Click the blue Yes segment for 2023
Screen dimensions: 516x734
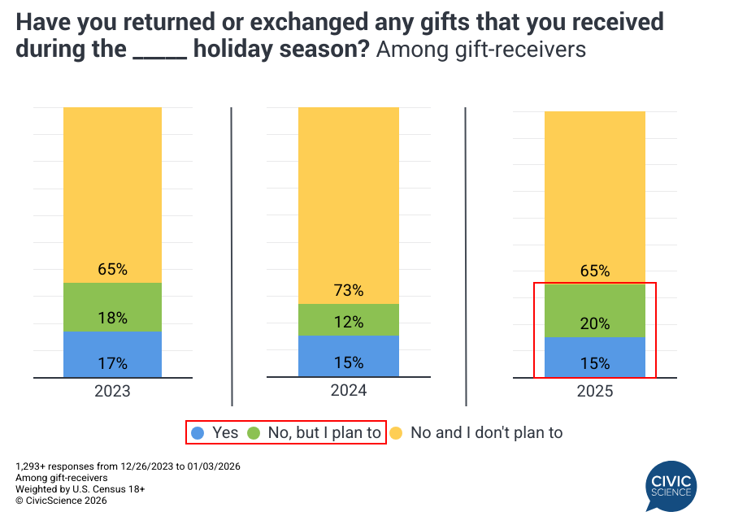[x=112, y=354]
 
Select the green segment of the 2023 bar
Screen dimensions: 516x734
[x=112, y=307]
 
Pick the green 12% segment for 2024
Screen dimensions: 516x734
[x=348, y=320]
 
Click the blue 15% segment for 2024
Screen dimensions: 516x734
[x=348, y=356]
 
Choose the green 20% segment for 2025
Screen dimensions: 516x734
[x=594, y=310]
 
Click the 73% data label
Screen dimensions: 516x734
[x=348, y=291]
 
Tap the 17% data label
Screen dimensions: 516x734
[x=112, y=363]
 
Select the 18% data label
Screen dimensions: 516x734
[x=112, y=318]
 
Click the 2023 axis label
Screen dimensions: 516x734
[x=112, y=391]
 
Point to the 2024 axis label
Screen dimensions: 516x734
[x=348, y=391]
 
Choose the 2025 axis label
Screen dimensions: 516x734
[x=594, y=392]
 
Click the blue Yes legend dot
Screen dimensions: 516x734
[x=197, y=433]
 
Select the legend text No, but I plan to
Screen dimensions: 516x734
[x=324, y=432]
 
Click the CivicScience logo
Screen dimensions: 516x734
[x=671, y=485]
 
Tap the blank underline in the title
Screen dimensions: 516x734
[x=159, y=50]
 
